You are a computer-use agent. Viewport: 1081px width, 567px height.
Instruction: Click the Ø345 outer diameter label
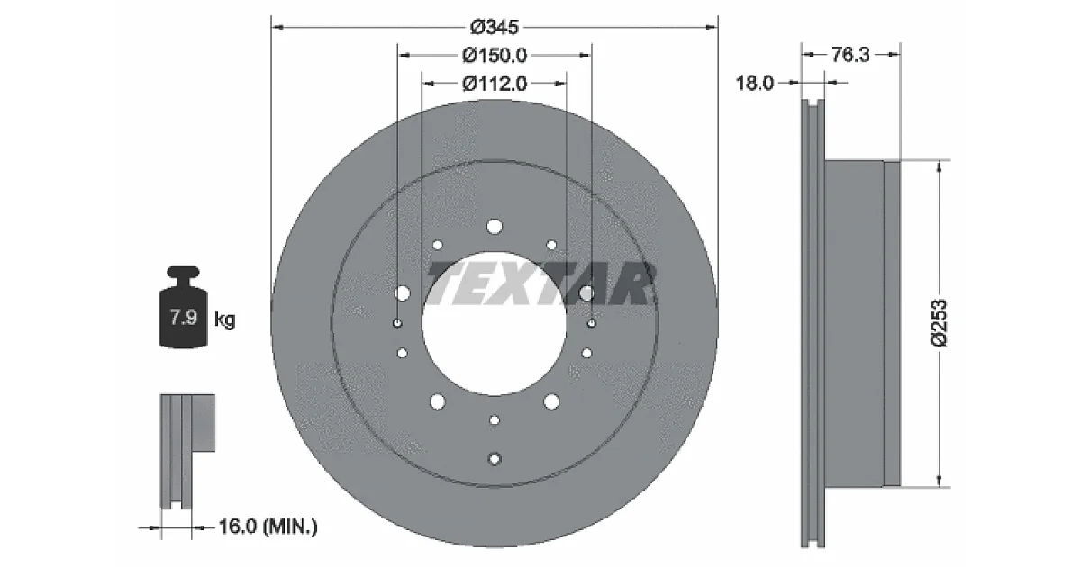point(495,28)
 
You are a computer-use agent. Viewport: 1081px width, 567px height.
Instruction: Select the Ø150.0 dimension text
point(495,56)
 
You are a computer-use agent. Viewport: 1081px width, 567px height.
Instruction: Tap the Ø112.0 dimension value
point(495,84)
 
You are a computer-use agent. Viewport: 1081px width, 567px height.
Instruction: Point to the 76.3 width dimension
point(850,55)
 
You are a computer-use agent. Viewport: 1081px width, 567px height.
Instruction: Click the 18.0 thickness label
point(754,84)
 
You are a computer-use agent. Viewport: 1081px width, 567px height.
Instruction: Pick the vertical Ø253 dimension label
point(939,323)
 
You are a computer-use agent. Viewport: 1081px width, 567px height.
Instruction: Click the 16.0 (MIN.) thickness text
point(268,526)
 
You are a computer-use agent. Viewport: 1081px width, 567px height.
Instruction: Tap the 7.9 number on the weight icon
point(184,317)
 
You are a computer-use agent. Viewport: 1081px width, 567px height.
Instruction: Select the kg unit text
point(224,319)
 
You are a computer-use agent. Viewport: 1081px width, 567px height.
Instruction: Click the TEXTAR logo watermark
point(540,284)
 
